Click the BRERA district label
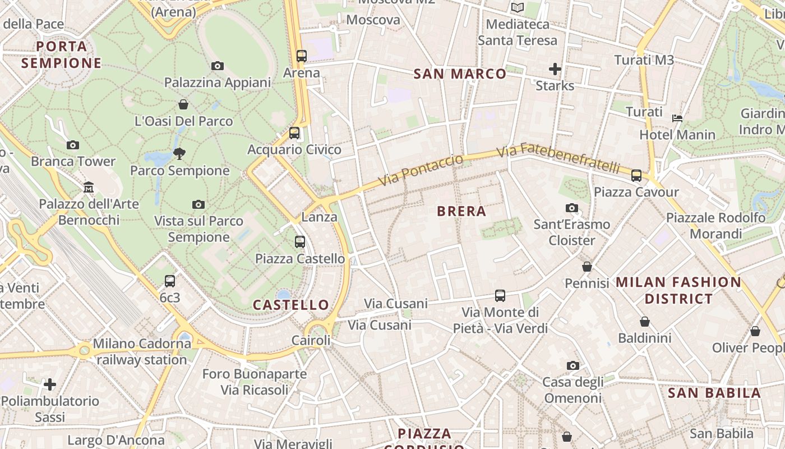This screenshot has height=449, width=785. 461,212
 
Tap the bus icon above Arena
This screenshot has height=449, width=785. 302,56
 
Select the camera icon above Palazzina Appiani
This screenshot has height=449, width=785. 218,66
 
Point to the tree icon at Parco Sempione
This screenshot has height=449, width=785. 179,153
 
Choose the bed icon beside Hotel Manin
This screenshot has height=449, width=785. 677,118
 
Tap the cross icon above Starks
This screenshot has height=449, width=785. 555,69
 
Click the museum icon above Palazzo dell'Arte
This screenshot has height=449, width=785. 89,187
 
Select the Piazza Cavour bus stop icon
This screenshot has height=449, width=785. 636,175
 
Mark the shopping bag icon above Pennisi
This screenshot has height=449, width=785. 587,267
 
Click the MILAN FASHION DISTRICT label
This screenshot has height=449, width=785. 678,290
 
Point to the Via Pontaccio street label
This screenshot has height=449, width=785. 421,170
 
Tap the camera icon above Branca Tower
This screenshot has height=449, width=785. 72,145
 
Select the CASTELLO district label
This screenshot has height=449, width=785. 290,305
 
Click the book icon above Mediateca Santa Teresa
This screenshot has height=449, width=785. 517,7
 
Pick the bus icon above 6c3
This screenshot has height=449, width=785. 169,281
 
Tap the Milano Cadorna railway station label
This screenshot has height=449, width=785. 142,351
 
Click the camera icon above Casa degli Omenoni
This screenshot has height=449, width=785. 572,365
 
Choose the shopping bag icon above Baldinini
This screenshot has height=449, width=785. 645,322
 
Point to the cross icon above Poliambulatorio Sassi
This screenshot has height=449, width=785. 50,384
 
